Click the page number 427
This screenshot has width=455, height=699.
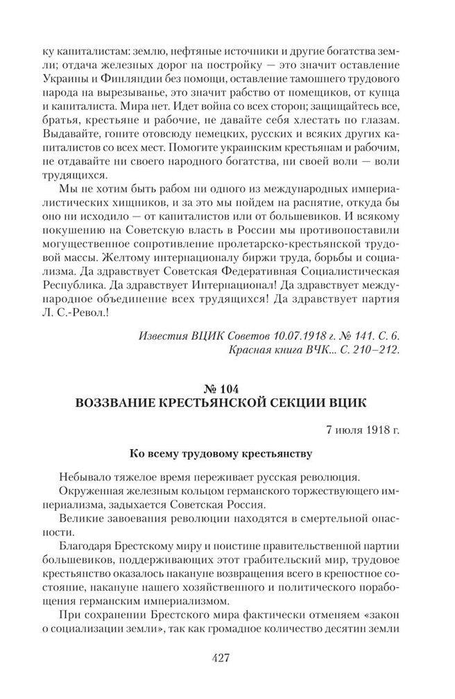(x=227, y=658)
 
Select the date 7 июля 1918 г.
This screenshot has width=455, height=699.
(x=363, y=429)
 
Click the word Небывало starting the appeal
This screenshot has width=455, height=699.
(x=87, y=478)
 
